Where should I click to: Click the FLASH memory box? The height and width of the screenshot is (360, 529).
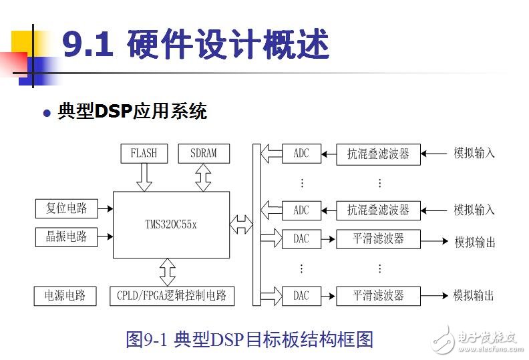point(144,153)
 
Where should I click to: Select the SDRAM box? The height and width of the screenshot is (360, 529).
point(203,153)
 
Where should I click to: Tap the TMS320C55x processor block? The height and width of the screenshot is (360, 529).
point(171,224)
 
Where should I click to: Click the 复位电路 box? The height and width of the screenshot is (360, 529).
point(66,208)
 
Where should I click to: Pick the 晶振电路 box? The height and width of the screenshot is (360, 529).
point(66,236)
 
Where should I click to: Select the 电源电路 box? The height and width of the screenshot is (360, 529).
point(65,295)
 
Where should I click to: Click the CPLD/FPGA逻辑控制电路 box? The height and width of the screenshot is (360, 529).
point(172,295)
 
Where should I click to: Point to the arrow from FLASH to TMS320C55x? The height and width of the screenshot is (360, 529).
point(144,177)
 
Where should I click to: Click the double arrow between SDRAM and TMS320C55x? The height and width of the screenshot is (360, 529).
point(203,177)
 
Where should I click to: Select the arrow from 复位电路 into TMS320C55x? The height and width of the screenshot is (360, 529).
point(104,208)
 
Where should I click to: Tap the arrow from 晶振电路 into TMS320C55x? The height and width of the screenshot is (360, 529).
point(104,236)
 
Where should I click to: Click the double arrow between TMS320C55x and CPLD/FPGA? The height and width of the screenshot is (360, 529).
point(168,272)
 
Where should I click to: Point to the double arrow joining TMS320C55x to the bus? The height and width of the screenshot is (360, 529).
point(241,224)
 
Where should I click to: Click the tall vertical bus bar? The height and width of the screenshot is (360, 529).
point(256,224)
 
